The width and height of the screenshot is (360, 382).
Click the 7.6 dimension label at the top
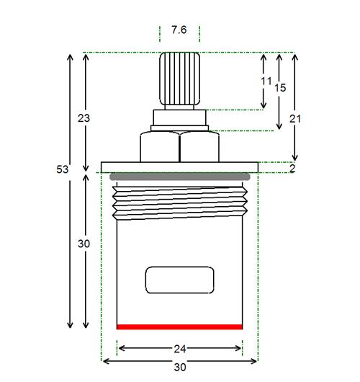tap(179, 30)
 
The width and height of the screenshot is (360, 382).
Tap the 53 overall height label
tap(63, 169)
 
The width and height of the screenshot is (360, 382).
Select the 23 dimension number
tap(84, 118)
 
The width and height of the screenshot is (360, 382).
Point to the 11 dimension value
tap(266, 81)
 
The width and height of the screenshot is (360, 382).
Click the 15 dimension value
tap(280, 88)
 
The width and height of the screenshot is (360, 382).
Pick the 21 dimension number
tap(295, 119)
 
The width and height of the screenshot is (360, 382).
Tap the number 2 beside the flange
tap(292, 169)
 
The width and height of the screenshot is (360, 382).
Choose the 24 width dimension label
tap(180, 349)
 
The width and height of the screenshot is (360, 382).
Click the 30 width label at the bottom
tap(180, 367)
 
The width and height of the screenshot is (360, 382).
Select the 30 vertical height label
tap(84, 244)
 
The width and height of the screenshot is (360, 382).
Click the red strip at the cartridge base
tap(179, 327)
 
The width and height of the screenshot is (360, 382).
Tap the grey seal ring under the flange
tap(180, 177)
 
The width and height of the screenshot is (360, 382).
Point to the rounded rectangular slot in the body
tap(179, 280)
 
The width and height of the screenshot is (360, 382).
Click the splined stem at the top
tap(180, 79)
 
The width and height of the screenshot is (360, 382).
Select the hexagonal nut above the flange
tap(179, 146)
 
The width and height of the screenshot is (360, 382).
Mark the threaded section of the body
tap(180, 203)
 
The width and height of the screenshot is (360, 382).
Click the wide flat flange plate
tap(179, 167)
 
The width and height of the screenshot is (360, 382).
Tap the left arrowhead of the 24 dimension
tap(120, 348)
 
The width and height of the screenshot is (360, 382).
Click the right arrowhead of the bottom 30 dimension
tap(255, 361)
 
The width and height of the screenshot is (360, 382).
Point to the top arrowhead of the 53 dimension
tap(70, 56)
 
